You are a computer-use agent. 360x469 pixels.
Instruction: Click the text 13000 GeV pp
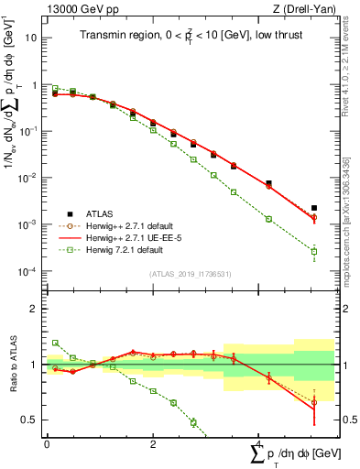point(77,10)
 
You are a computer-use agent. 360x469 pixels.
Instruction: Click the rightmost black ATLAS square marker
point(314,208)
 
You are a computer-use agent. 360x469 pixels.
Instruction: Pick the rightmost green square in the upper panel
point(314,252)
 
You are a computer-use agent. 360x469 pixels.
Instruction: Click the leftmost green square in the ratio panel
point(55,343)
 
